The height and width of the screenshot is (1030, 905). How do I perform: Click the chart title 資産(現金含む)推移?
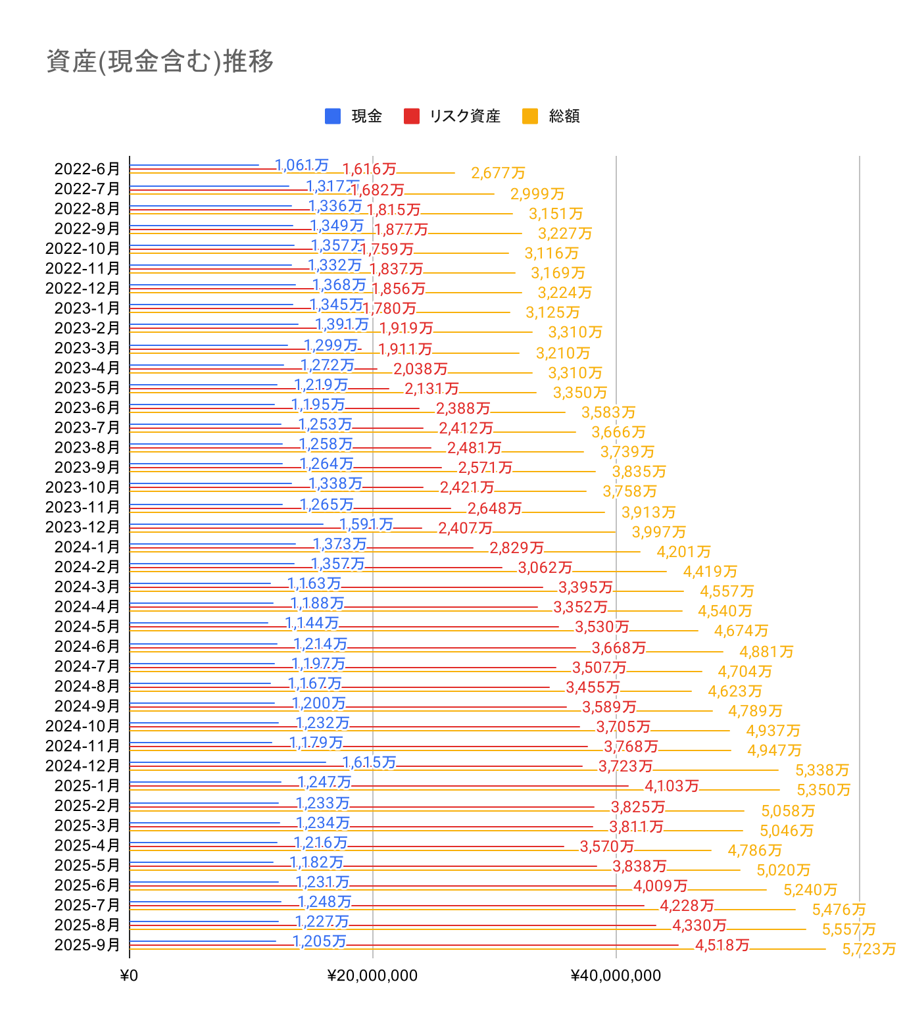coord(160,62)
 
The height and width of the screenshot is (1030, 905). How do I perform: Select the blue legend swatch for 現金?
coord(333,116)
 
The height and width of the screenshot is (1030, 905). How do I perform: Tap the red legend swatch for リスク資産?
coord(412,116)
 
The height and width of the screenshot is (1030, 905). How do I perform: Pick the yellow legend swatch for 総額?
coord(530,116)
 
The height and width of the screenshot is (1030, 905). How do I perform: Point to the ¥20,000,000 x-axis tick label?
coord(372,975)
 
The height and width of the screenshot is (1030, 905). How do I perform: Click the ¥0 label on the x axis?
coord(130,975)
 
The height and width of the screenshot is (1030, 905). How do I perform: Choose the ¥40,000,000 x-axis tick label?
coord(616,975)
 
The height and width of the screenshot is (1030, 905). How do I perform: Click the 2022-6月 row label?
coord(87,169)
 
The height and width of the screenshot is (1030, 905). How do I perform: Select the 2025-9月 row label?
coord(87,945)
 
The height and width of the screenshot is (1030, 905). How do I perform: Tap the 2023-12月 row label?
coord(83,527)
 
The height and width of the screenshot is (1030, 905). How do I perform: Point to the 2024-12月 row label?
coord(83,766)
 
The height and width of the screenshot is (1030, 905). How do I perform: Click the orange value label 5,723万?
coord(869,949)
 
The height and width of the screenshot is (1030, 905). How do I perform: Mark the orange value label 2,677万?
coord(498,173)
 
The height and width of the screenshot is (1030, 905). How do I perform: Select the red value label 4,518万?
coord(722,945)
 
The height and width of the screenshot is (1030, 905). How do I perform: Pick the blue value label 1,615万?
coord(369,762)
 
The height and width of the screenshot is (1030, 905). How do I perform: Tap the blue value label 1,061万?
coord(301,165)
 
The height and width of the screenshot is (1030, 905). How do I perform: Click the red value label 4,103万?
coord(672,786)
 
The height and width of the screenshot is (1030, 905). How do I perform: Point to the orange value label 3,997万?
coord(658,532)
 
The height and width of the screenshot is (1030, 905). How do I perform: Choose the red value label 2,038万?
coord(420,369)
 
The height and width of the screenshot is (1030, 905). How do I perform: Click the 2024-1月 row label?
coord(87,547)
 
